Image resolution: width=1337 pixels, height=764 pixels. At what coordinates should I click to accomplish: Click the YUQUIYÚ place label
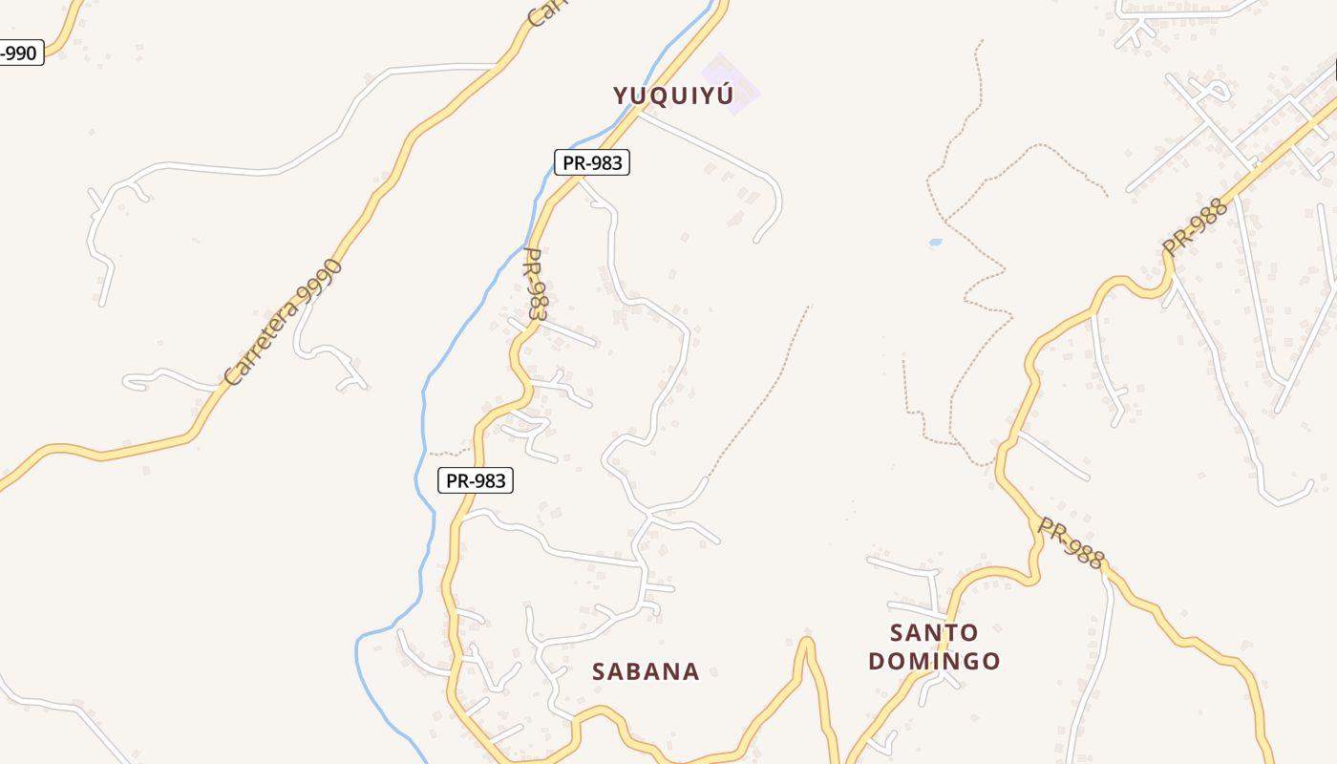click(x=673, y=95)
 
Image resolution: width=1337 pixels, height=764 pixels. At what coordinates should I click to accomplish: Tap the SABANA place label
click(x=646, y=671)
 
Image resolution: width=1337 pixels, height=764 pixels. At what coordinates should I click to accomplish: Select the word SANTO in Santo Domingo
click(x=934, y=632)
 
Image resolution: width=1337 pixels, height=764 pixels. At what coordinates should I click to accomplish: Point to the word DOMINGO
click(x=934, y=661)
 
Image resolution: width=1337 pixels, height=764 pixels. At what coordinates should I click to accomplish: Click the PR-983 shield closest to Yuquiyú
click(x=592, y=162)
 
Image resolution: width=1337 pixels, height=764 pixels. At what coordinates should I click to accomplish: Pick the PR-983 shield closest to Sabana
click(x=476, y=480)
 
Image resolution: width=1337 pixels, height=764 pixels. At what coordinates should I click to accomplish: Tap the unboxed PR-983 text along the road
click(x=537, y=285)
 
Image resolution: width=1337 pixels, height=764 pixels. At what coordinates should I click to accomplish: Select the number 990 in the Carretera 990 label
click(x=319, y=278)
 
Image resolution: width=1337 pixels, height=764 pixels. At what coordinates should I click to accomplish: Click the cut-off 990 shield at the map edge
click(x=19, y=53)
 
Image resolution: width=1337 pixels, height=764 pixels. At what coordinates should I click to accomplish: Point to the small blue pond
click(x=935, y=243)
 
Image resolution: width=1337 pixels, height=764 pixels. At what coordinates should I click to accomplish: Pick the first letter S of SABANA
click(x=600, y=671)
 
